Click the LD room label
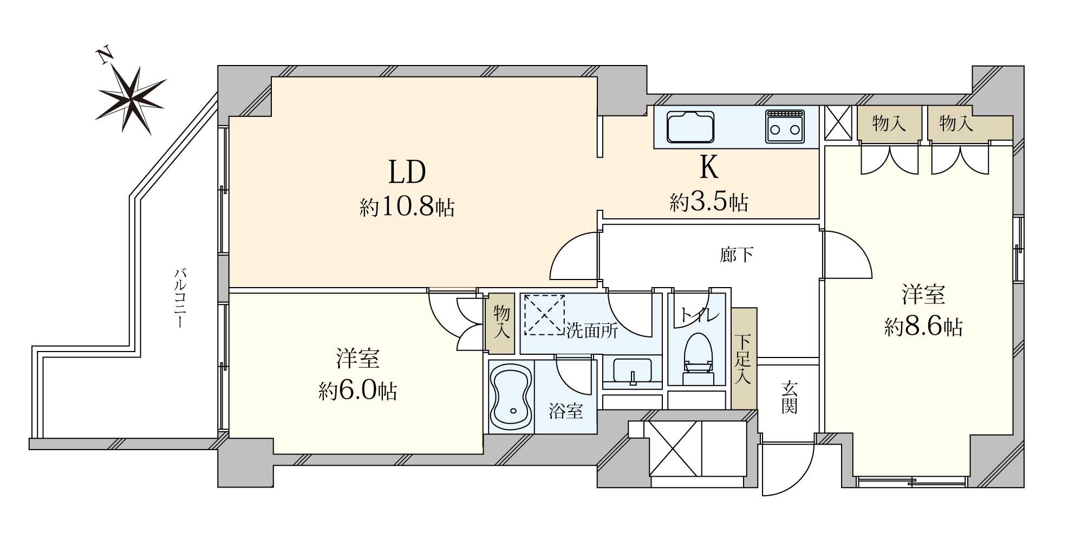[x=407, y=172]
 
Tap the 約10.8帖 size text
[x=407, y=207]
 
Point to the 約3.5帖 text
[x=709, y=202]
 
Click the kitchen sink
[x=690, y=126]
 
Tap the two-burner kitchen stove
[x=785, y=126]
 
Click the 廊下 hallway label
[x=737, y=255]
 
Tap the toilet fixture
[x=698, y=359]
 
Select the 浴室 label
[x=566, y=411]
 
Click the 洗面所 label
[x=592, y=330]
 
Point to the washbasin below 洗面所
[x=632, y=372]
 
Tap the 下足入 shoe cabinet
[x=744, y=358]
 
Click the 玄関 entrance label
[x=789, y=397]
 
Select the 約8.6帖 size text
[x=923, y=327]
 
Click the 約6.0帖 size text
[x=358, y=390]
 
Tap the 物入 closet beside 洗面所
[x=501, y=324]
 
